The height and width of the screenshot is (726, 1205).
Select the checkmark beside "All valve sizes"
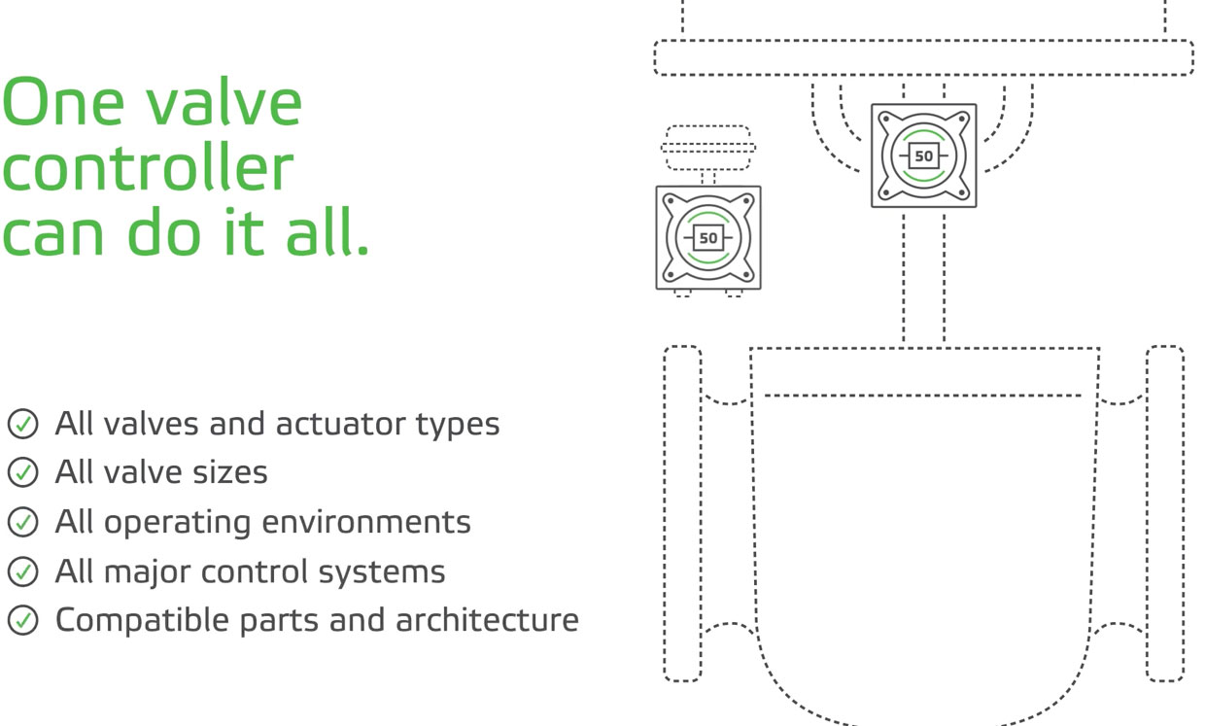pyautogui.click(x=22, y=472)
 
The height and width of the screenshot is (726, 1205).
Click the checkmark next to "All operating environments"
pyautogui.click(x=22, y=522)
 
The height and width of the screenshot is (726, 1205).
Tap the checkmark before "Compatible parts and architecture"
pyautogui.click(x=22, y=619)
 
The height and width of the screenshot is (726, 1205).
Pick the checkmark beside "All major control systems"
pyautogui.click(x=22, y=570)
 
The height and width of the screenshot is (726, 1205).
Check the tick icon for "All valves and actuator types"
pyautogui.click(x=22, y=424)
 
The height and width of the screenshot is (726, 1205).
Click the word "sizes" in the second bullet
pyautogui.click(x=229, y=472)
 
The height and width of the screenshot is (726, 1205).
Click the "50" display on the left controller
pyautogui.click(x=708, y=238)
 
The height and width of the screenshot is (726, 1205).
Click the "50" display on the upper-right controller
pyautogui.click(x=923, y=156)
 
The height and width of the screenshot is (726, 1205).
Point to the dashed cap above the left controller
pyautogui.click(x=708, y=148)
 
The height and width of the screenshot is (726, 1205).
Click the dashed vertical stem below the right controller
pyautogui.click(x=923, y=277)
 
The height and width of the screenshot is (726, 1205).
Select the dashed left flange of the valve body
pyautogui.click(x=682, y=513)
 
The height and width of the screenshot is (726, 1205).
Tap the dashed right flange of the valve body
pyautogui.click(x=1164, y=513)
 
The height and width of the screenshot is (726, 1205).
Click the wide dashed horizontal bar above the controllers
pyautogui.click(x=923, y=57)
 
